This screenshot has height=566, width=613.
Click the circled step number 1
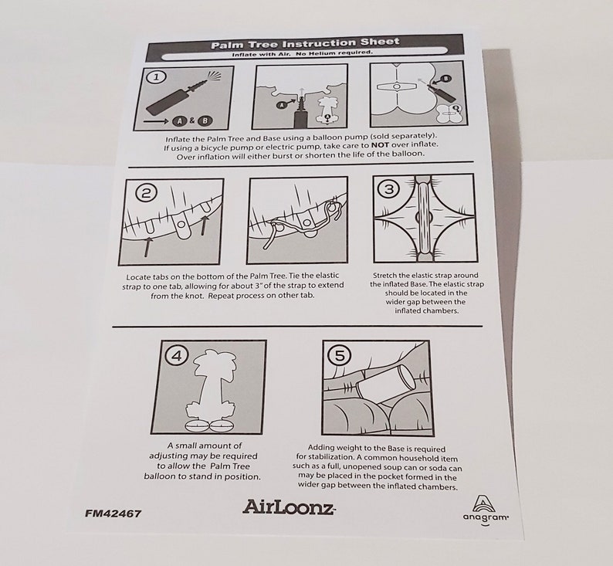click(x=156, y=77)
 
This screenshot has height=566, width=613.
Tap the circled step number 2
click(x=146, y=193)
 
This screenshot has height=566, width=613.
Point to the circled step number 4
click(x=177, y=356)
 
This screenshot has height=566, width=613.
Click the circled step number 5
click(x=339, y=356)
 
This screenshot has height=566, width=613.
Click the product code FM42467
click(x=113, y=513)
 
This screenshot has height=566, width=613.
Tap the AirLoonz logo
click(x=289, y=507)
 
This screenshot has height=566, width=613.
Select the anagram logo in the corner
click(x=486, y=510)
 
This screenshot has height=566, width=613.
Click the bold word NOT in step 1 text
click(x=380, y=144)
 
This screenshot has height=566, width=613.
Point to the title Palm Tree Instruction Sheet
click(x=305, y=43)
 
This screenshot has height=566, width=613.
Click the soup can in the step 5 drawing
click(x=385, y=381)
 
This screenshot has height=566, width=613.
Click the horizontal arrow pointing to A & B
click(x=157, y=122)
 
